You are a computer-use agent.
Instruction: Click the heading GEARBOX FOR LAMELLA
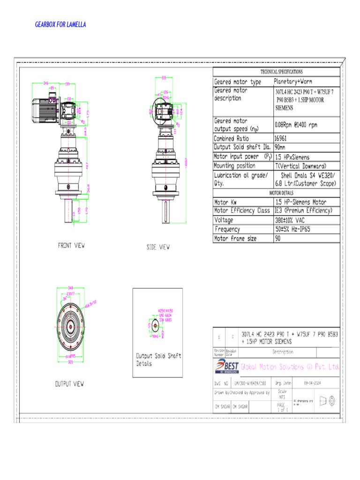(x=60, y=24)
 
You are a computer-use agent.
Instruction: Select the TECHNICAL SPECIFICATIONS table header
(x=281, y=72)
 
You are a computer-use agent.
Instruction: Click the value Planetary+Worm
(x=293, y=82)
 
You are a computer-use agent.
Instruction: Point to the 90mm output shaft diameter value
(x=282, y=147)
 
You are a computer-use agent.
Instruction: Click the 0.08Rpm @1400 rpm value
(x=296, y=125)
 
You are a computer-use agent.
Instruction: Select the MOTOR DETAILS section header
(x=281, y=193)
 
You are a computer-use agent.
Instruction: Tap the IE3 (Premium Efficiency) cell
(x=303, y=211)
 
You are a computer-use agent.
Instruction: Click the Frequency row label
(x=227, y=229)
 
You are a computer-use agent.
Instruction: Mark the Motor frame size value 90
(x=278, y=238)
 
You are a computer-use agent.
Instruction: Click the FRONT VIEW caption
(x=71, y=245)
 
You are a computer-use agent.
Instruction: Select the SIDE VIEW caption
(x=158, y=247)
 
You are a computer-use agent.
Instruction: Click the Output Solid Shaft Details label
(x=158, y=360)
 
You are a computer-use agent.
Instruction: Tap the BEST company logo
(x=226, y=367)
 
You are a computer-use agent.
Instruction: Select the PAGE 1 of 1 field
(x=281, y=407)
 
